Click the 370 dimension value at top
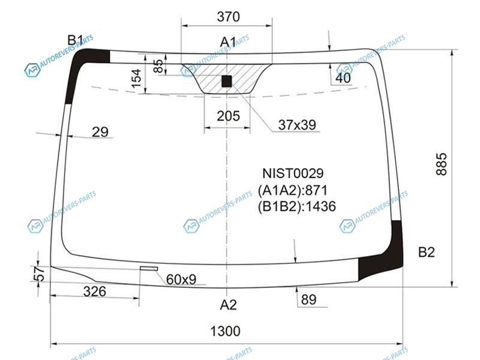point(229,17)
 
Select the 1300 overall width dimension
point(226,331)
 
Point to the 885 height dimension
point(442,164)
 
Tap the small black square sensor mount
point(227,82)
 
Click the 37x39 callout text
point(297,125)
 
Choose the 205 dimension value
point(229,116)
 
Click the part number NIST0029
point(293,173)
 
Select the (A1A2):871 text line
point(293,190)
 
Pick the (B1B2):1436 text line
point(296,206)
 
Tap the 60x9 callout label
point(181,279)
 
